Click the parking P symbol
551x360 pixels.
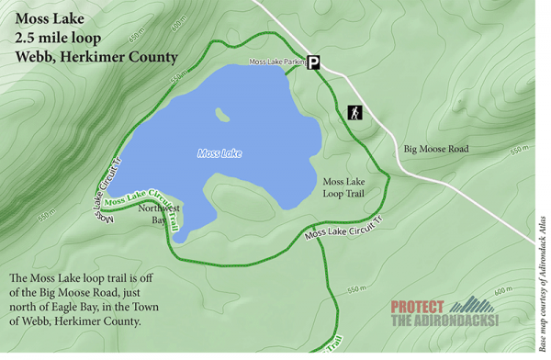314,62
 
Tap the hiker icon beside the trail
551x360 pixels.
354,113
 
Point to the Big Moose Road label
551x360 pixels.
436,148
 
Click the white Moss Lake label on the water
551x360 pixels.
219,153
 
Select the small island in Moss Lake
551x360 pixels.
221,116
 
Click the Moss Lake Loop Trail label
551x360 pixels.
345,187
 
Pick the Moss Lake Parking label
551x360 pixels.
276,62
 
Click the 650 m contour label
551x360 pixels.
137,34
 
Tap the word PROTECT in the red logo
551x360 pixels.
418,307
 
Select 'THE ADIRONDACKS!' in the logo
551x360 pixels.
444,321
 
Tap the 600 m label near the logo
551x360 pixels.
501,291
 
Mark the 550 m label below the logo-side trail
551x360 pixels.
356,290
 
